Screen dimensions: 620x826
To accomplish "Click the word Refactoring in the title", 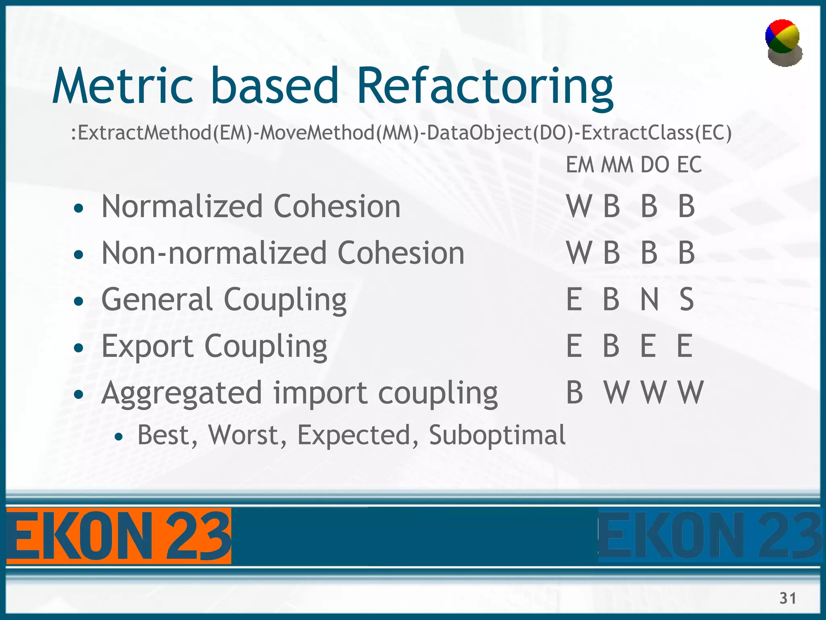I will [485, 87].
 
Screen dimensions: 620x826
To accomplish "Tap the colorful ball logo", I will [783, 42].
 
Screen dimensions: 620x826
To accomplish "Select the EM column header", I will [580, 165].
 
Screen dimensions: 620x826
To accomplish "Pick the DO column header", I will [655, 165].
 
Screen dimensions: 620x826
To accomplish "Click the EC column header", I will [689, 165].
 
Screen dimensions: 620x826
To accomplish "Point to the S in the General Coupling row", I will [686, 300].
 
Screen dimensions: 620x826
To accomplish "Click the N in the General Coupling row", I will [650, 300].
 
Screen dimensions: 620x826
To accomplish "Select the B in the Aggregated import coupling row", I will [574, 392].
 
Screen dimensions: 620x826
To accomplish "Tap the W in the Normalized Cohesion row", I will [580, 206].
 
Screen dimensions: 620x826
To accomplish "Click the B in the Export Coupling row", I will [611, 346].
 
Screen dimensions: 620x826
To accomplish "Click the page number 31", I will [788, 598].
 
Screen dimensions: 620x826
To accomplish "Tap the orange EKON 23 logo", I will [119, 536].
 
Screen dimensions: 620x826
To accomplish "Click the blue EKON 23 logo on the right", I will [710, 536].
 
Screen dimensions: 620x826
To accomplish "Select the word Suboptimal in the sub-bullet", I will [497, 435].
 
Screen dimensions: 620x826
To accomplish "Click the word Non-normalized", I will [214, 253].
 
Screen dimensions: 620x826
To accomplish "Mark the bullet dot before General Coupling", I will [79, 301].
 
